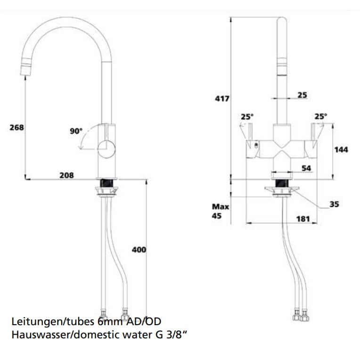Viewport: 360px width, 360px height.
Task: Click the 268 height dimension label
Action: [16, 127]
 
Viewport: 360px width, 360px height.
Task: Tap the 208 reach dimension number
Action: [67, 175]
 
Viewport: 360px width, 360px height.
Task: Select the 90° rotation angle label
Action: [76, 131]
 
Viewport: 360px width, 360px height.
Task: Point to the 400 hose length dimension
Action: [139, 249]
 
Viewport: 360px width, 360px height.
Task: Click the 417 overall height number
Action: [221, 98]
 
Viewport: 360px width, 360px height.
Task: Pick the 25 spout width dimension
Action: [302, 95]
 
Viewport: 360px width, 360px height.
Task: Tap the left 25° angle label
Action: [247, 116]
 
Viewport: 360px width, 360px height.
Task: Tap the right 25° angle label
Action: [320, 116]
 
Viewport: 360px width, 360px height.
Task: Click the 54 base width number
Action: [306, 169]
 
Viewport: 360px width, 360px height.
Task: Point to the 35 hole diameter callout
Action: [334, 204]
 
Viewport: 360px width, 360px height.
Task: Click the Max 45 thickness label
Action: [220, 212]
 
